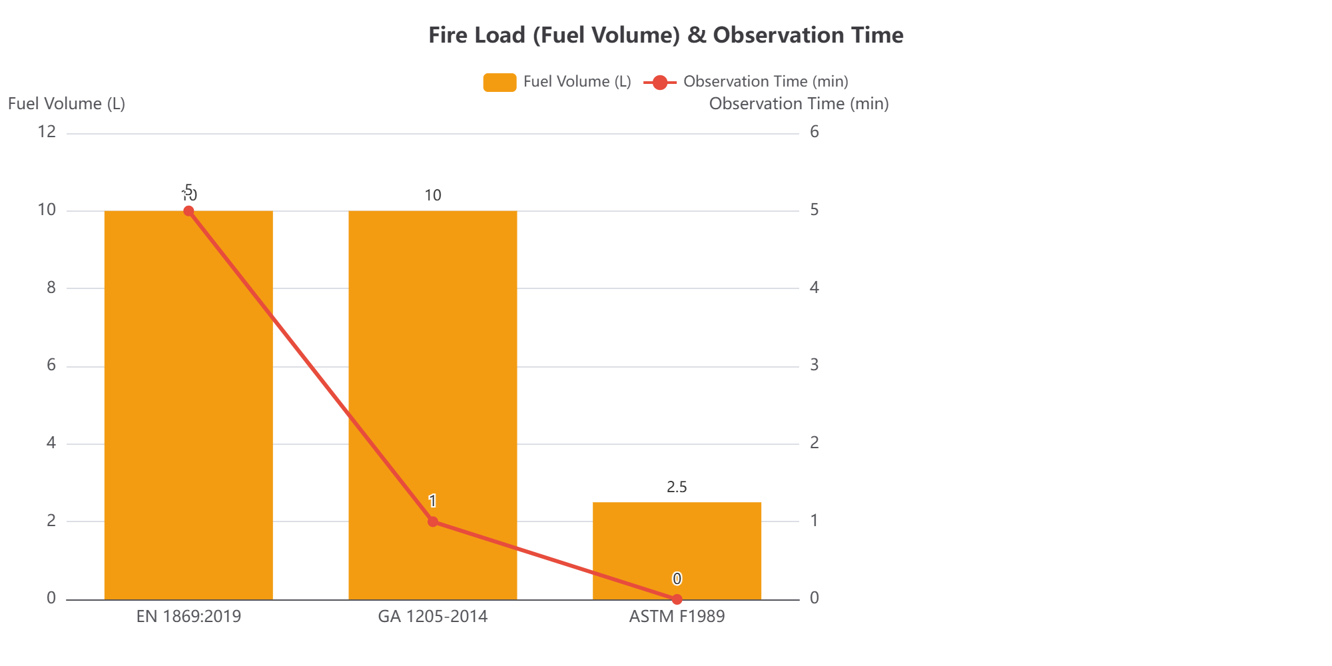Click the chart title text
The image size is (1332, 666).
[665, 35]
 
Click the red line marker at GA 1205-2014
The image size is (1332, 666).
[433, 521]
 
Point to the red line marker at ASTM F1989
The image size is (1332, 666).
[677, 599]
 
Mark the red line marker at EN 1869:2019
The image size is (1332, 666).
[188, 211]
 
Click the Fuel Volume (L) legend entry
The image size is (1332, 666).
[557, 82]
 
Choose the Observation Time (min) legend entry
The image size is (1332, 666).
[746, 82]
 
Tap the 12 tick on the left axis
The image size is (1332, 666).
[47, 132]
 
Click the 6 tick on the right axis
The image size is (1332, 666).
[814, 132]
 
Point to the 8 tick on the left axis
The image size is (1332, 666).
[51, 288]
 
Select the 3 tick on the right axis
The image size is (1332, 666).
[814, 365]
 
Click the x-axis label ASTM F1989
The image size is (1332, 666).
[677, 617]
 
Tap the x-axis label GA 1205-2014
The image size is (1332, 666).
[433, 617]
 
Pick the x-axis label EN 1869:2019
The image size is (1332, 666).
[188, 617]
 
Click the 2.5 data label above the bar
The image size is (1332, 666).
[677, 487]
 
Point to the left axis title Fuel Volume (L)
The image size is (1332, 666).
[67, 104]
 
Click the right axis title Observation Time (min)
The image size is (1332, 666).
[799, 104]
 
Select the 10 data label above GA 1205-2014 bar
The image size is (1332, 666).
[433, 195]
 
